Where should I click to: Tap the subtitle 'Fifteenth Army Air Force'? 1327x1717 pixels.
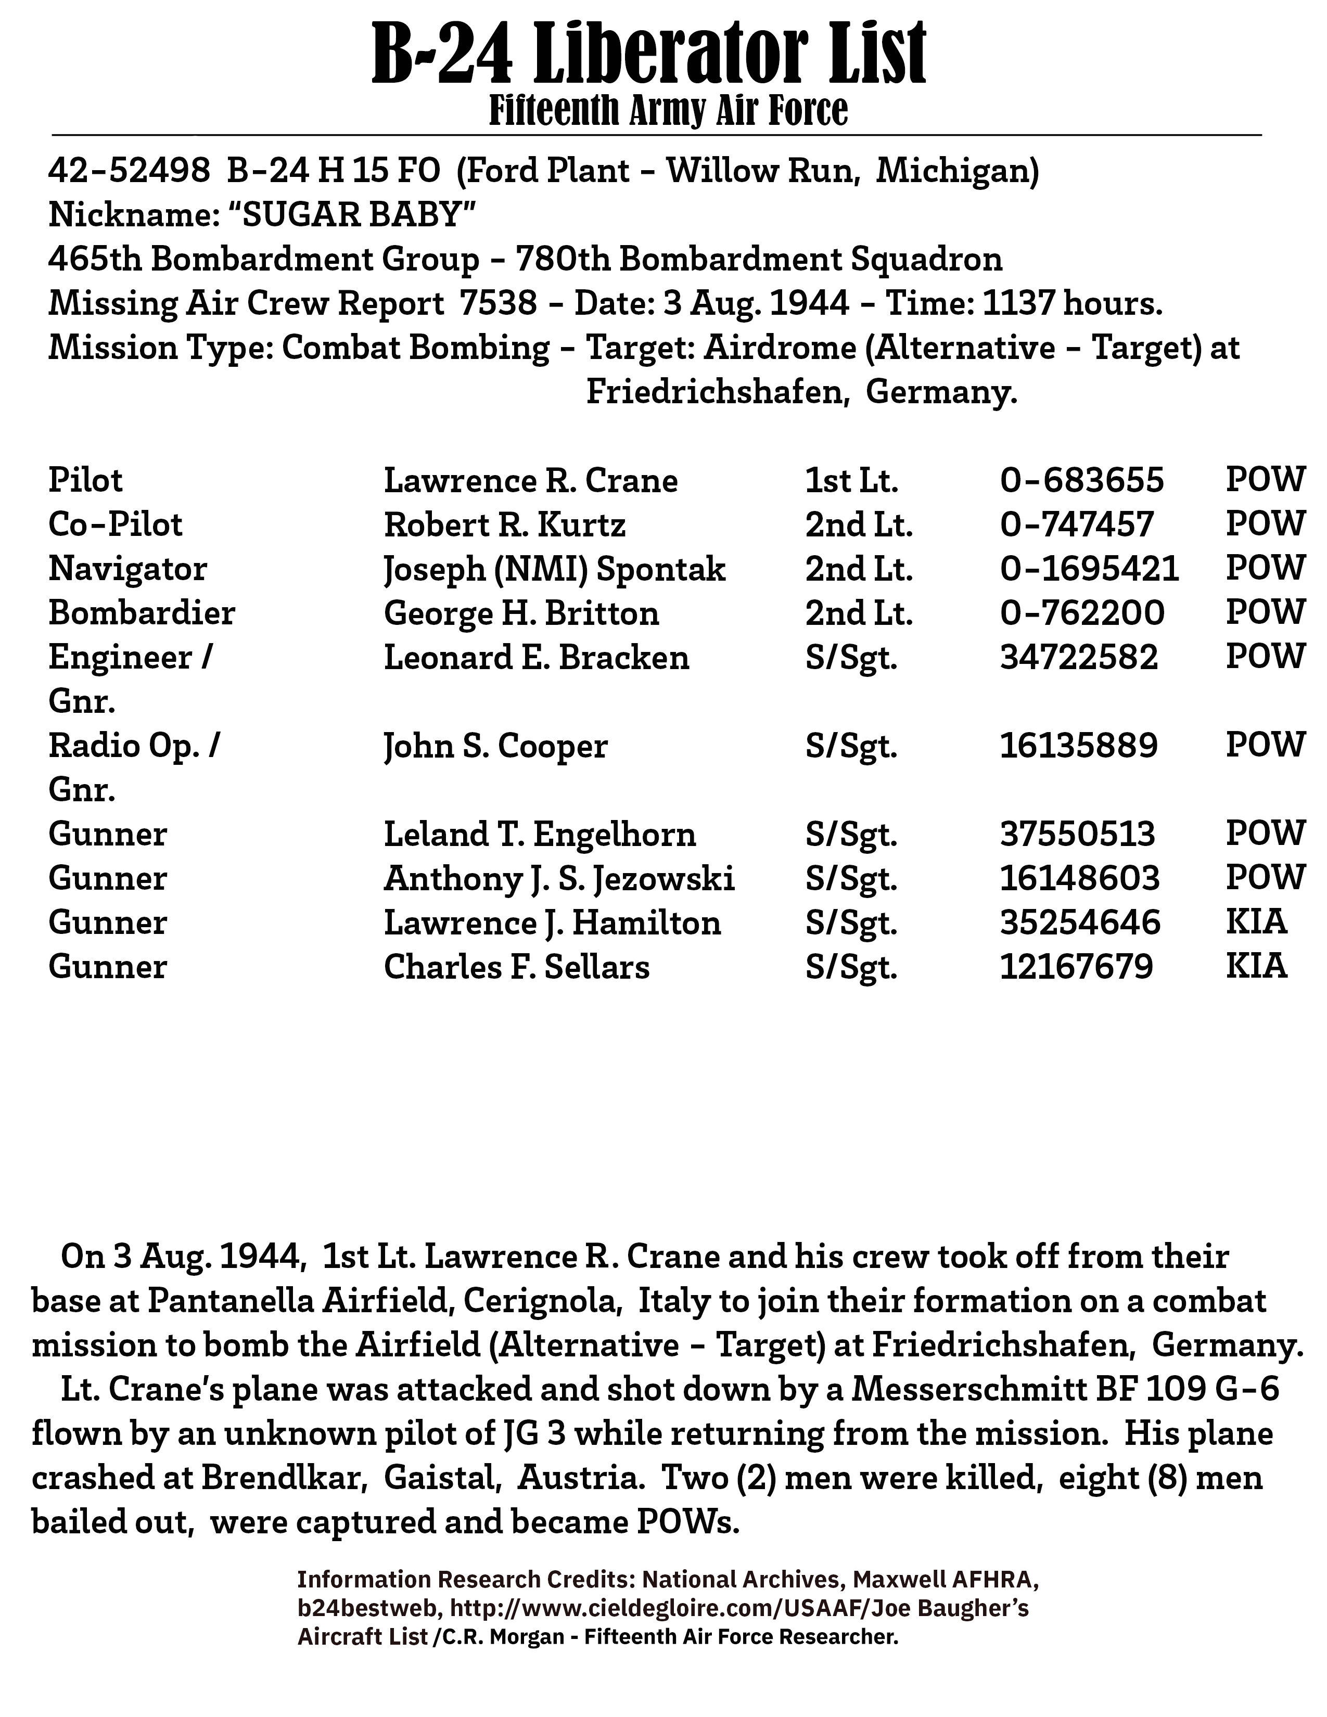click(x=668, y=111)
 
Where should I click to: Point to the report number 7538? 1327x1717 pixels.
click(x=499, y=303)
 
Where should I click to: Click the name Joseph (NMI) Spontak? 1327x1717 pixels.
click(x=554, y=569)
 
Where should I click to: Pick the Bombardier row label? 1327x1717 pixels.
click(x=142, y=613)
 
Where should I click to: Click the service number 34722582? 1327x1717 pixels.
click(x=1079, y=657)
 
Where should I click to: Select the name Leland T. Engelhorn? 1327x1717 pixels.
click(x=539, y=834)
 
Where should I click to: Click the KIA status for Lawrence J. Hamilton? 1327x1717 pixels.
click(x=1256, y=922)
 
